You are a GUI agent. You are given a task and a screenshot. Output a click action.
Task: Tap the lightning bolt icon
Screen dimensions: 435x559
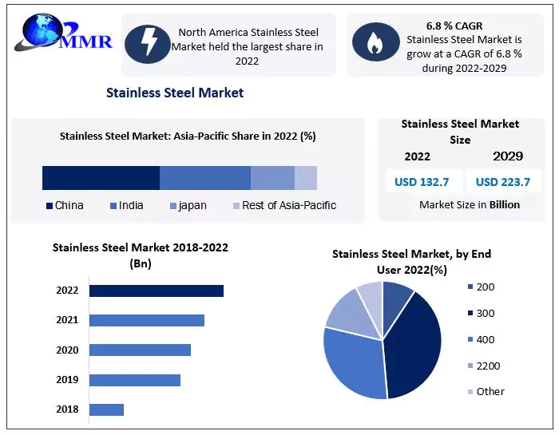[149, 43]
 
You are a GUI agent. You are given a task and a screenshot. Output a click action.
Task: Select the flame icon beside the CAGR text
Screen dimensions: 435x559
[373, 43]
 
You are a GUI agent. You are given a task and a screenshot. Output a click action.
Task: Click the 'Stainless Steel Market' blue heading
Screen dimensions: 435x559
[175, 93]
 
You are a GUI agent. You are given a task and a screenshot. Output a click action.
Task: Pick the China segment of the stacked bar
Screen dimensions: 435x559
[101, 178]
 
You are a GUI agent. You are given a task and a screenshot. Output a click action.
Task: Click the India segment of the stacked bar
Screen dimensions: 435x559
[205, 178]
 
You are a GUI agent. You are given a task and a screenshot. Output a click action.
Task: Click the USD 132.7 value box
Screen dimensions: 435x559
[422, 182]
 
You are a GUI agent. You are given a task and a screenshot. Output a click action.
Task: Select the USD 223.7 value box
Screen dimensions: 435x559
[503, 182]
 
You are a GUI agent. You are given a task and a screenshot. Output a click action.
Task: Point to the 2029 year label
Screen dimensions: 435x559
[508, 156]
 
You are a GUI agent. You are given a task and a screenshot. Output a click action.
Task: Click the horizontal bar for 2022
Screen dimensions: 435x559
[156, 291]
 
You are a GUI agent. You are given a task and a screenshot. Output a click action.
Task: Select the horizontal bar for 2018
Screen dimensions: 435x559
[106, 409]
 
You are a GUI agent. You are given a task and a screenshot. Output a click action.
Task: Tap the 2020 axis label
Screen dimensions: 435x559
[67, 350]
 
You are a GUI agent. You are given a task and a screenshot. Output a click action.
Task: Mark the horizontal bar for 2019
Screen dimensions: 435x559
[134, 380]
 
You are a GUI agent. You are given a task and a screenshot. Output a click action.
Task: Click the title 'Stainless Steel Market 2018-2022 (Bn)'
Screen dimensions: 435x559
[141, 255]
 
